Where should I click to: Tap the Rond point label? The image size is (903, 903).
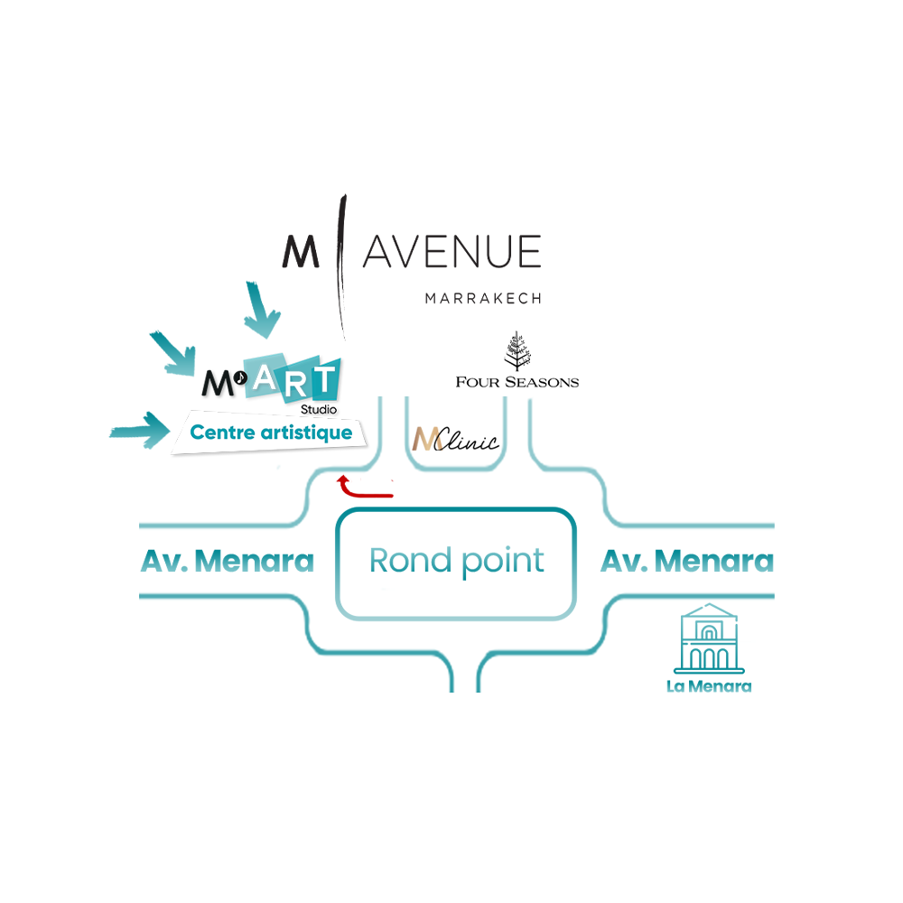pos(456,561)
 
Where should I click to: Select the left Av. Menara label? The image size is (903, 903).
pos(228,561)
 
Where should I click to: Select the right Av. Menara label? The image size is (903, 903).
pos(687,561)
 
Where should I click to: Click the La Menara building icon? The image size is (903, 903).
pos(709,638)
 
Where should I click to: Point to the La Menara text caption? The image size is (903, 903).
pos(709,686)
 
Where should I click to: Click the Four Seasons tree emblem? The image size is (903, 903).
pos(517,350)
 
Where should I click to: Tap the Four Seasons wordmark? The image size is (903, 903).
pos(517,382)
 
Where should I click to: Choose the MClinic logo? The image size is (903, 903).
pos(455,440)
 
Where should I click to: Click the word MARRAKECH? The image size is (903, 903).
pos(483,298)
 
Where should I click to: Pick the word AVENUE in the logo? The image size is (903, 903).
pos(452,252)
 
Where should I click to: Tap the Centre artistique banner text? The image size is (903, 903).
pos(271,433)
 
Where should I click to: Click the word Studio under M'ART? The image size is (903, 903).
pos(319,409)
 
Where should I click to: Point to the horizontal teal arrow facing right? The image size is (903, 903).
pos(140,430)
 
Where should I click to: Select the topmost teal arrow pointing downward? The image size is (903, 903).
pos(262,310)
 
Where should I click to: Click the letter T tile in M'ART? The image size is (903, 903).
pos(323,379)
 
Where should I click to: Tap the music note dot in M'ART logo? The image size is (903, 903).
pos(240,377)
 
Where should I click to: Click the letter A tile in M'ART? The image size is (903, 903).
pos(265,376)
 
